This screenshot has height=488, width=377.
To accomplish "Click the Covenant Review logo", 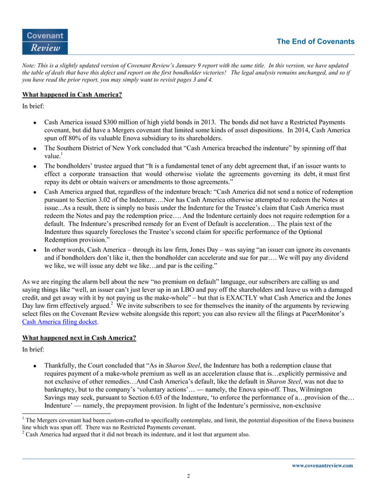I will pyautogui.click(x=44, y=41).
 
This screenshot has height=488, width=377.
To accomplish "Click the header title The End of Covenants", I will pyautogui.click(x=316, y=41).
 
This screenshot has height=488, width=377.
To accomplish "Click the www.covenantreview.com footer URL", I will pyautogui.click(x=323, y=465).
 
